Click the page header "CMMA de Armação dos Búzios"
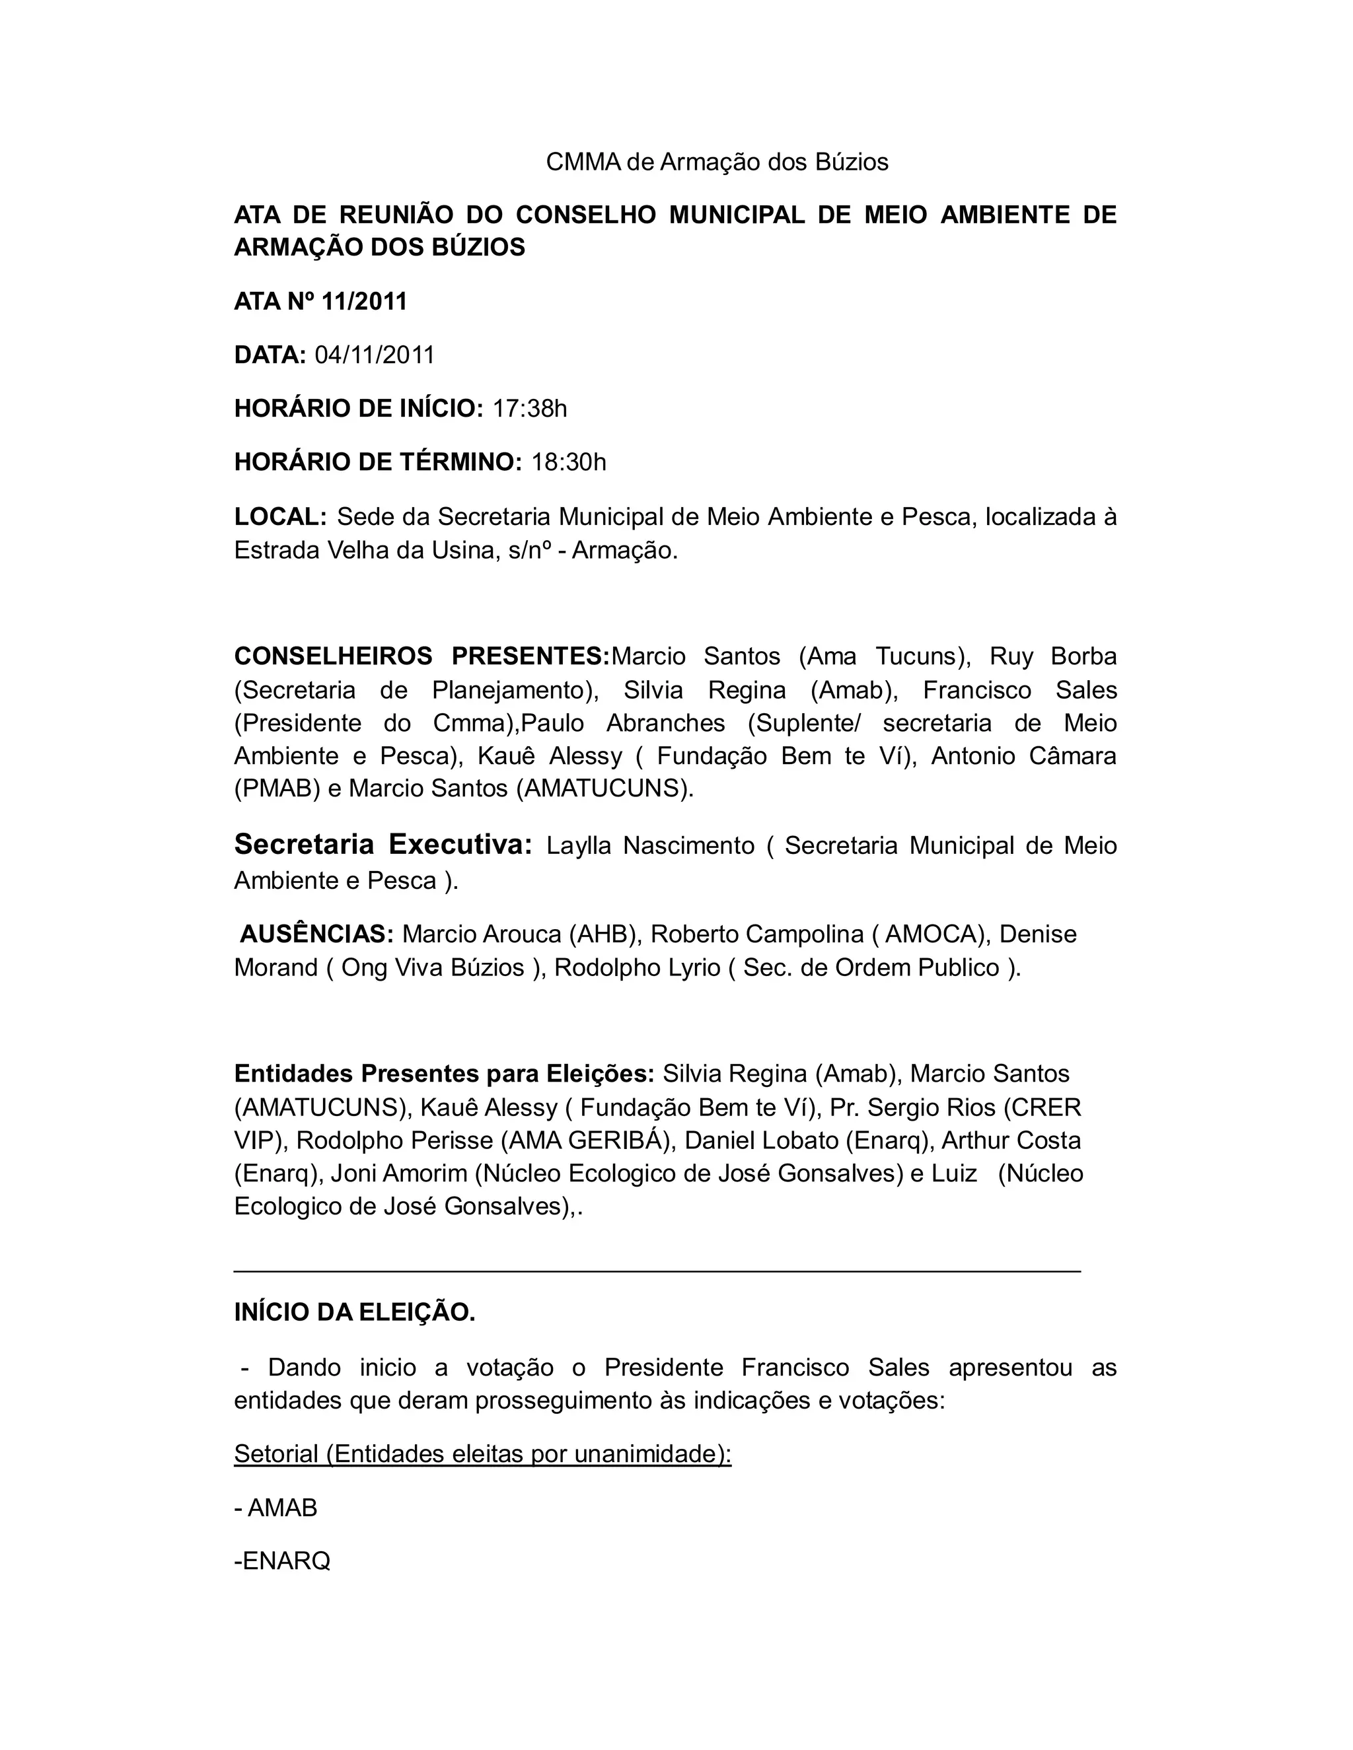pos(717,162)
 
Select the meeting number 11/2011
pos(365,302)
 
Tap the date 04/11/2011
pos(375,355)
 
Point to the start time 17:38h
pos(530,409)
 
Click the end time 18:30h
pos(569,462)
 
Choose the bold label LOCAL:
pos(279,517)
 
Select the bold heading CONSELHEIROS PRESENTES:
pos(421,656)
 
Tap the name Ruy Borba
pos(1052,656)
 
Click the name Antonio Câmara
pos(1023,755)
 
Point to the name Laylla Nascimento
pos(650,846)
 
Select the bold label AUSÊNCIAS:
pos(317,934)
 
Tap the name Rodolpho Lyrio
pos(638,968)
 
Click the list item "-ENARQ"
pos(282,1561)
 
